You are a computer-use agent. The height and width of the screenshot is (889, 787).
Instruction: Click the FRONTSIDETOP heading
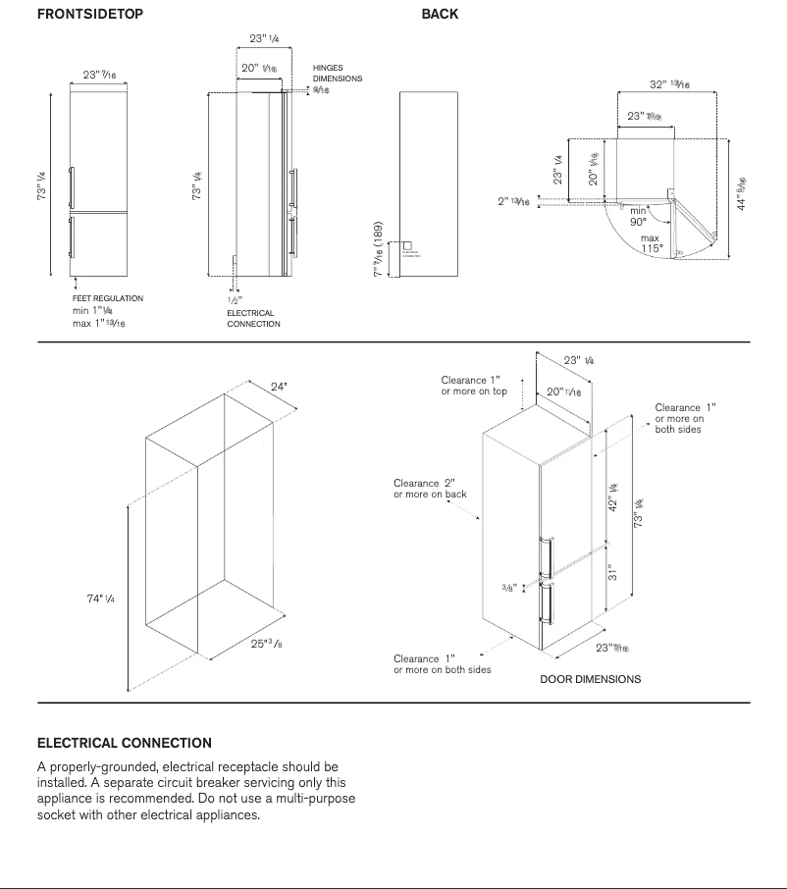(x=89, y=15)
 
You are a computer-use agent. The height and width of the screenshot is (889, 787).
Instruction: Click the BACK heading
(x=440, y=15)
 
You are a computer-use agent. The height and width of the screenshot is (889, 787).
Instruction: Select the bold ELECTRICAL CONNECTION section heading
(x=124, y=743)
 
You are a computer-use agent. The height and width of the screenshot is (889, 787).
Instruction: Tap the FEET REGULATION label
(x=108, y=298)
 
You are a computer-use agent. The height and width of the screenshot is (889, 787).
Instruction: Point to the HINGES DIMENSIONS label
(x=338, y=74)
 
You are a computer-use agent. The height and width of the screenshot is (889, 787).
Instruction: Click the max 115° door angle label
(x=652, y=243)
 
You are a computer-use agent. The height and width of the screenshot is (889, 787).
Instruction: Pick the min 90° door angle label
(x=639, y=216)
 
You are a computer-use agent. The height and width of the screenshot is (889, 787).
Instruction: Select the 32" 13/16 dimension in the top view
(x=669, y=85)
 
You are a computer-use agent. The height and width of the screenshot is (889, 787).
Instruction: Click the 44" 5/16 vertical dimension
(x=743, y=193)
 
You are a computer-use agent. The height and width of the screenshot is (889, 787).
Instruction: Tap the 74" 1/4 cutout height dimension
(x=101, y=599)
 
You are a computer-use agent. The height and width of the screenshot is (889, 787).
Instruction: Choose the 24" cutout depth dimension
(x=280, y=387)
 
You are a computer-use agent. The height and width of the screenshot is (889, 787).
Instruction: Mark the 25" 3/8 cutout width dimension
(x=266, y=644)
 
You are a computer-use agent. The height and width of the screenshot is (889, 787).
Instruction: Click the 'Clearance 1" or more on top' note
(x=474, y=386)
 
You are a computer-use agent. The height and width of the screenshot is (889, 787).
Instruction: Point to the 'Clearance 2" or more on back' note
(x=430, y=489)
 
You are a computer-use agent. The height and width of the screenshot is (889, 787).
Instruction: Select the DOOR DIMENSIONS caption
(x=590, y=679)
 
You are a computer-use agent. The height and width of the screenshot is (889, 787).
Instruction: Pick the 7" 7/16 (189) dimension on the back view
(x=378, y=249)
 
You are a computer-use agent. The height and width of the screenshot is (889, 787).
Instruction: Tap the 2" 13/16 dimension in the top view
(x=513, y=201)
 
